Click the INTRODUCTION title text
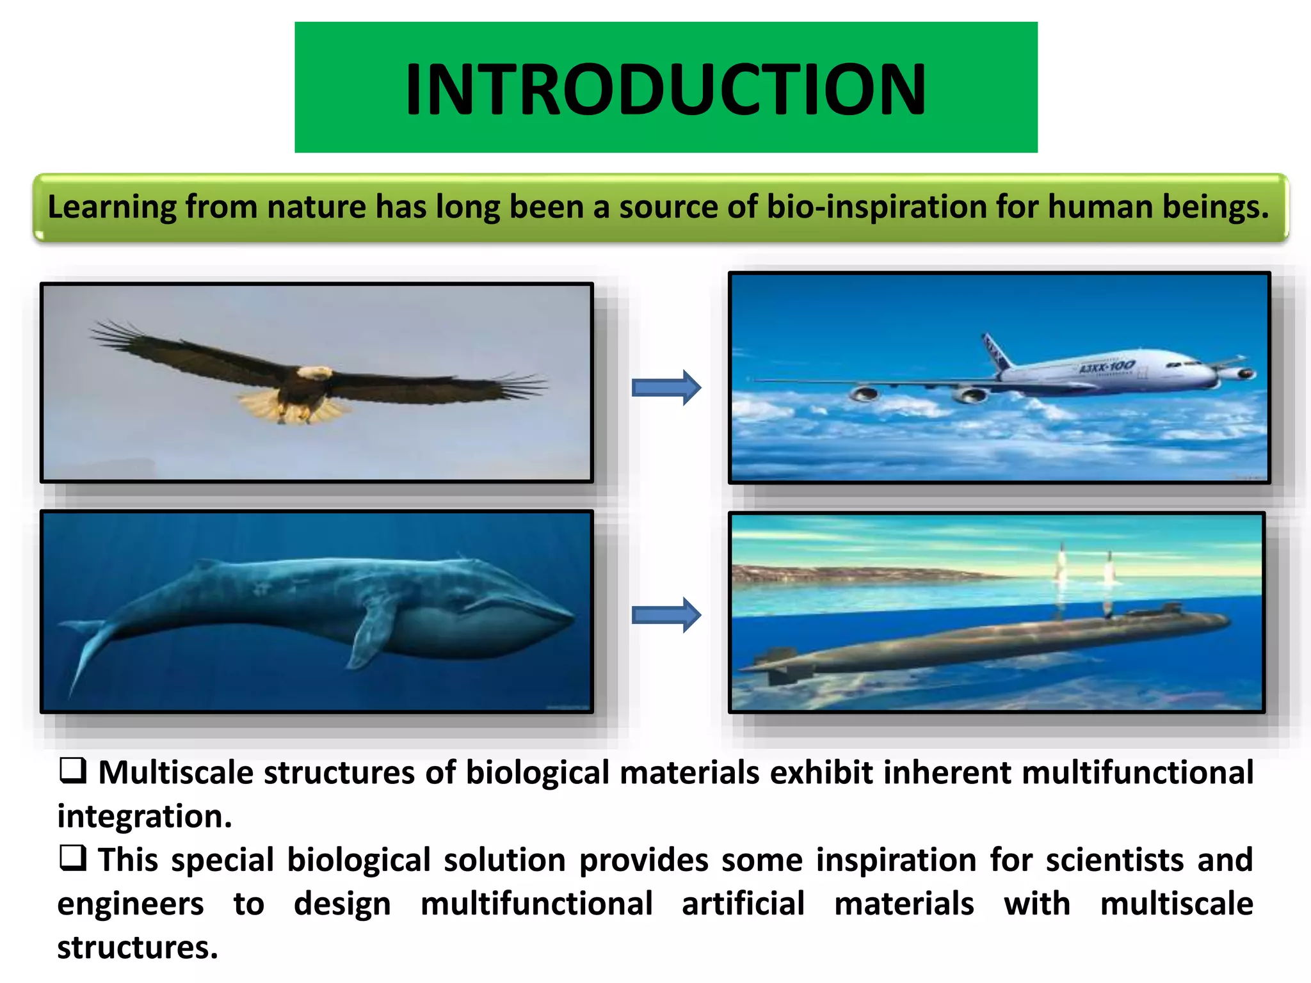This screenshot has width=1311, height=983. coord(666,90)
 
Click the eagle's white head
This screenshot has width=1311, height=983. coord(315,372)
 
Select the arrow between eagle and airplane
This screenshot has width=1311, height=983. coord(666,387)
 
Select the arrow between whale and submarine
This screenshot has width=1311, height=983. coord(666,615)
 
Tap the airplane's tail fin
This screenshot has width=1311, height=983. coord(996,351)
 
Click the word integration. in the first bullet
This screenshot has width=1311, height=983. coord(145,817)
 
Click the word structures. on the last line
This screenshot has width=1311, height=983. coord(138,947)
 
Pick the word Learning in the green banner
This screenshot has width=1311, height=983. coord(112,207)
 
